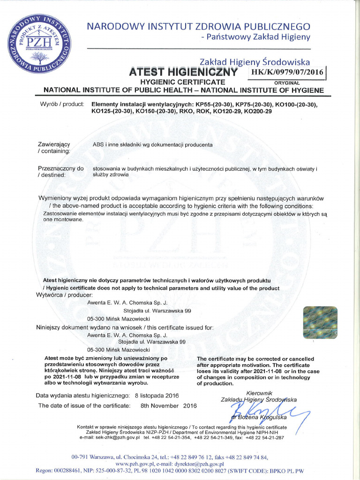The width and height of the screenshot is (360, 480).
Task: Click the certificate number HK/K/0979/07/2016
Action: (x=287, y=73)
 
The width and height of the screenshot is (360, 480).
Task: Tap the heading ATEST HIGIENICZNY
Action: (x=184, y=72)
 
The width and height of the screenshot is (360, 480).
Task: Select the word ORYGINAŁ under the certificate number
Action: (x=289, y=82)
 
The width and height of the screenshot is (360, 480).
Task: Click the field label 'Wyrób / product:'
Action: (x=62, y=104)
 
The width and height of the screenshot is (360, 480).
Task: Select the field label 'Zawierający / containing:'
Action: (x=54, y=148)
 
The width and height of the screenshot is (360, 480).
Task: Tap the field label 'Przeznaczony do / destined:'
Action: (x=60, y=171)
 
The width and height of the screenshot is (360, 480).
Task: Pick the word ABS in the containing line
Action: (x=98, y=145)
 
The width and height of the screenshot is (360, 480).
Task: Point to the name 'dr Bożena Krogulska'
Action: (x=262, y=417)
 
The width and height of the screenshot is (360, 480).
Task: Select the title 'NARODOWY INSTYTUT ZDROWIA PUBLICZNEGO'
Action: (x=198, y=26)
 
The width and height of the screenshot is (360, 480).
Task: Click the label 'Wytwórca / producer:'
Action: (x=65, y=295)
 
